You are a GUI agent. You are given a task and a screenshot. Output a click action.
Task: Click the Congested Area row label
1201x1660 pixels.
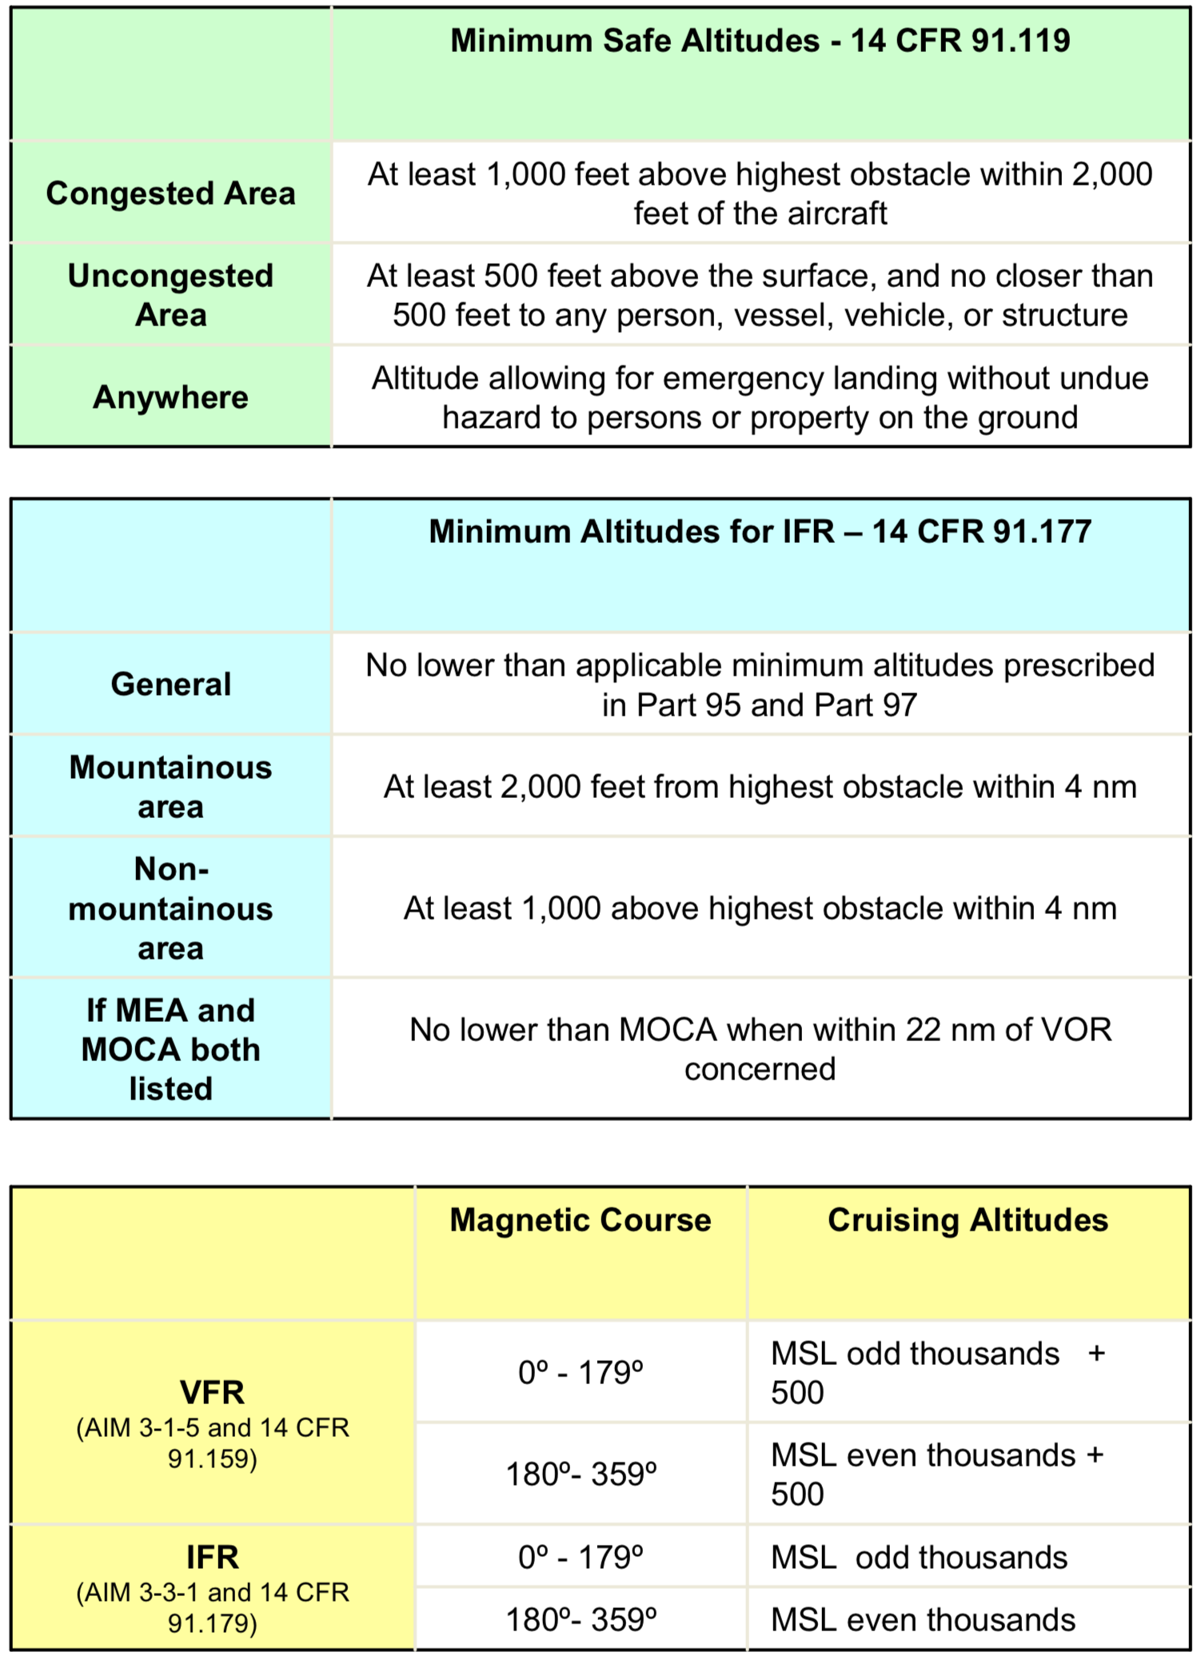(170, 194)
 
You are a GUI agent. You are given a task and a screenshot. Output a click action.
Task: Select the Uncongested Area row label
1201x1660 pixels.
(170, 295)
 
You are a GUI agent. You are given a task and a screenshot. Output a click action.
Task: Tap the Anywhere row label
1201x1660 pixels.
(170, 397)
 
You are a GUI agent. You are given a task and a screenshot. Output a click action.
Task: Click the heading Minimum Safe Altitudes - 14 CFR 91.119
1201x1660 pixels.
(760, 41)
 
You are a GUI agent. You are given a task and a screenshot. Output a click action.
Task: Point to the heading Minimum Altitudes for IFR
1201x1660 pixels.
(760, 532)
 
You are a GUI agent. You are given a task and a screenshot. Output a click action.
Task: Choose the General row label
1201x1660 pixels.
(170, 684)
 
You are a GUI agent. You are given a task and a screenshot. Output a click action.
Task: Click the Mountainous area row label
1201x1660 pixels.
(170, 787)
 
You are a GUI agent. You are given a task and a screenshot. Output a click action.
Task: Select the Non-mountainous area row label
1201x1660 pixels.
(170, 908)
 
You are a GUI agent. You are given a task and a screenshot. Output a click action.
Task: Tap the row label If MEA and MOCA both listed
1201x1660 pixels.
(170, 1049)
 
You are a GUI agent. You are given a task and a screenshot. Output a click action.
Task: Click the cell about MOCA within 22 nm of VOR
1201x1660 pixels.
(760, 1049)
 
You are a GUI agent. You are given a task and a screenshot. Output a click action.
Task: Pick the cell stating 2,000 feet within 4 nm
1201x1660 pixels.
(760, 787)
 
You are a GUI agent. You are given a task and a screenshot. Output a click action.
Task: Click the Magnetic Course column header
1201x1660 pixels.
(581, 1220)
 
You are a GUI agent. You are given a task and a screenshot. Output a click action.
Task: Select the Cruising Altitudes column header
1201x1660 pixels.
(968, 1220)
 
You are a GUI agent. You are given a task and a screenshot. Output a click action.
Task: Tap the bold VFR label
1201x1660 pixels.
(212, 1393)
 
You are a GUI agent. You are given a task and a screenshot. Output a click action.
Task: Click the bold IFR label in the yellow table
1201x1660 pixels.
(212, 1558)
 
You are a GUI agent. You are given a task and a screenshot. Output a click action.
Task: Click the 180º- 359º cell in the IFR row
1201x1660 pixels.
(581, 1620)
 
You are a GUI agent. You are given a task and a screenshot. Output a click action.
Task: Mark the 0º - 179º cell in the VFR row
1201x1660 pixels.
(581, 1372)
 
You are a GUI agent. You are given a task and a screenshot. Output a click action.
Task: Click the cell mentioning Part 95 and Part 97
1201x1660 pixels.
(760, 684)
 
